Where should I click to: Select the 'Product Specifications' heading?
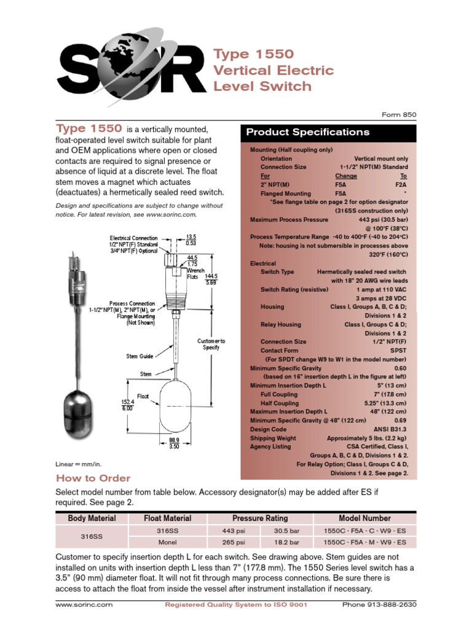coord(308,132)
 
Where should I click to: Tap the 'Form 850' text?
coord(399,114)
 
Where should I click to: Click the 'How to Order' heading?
coord(93,478)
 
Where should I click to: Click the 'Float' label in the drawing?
coord(143,396)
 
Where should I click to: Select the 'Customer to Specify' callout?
coord(211,344)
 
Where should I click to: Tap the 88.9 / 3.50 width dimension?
coord(174,443)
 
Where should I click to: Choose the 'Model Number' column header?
coord(364,518)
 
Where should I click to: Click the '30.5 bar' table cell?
coord(286,530)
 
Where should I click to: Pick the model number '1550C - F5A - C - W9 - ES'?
coord(364,530)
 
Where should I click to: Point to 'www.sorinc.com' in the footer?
coord(84,604)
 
